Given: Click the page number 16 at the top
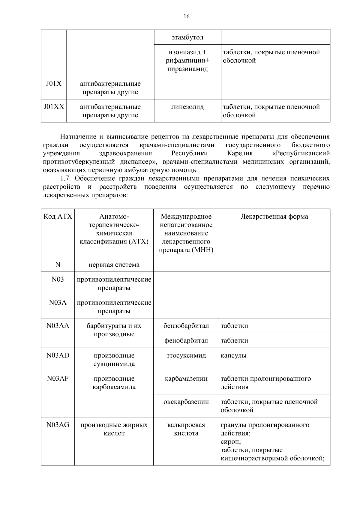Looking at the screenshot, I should tap(186, 16).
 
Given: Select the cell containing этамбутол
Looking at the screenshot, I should tap(187, 37).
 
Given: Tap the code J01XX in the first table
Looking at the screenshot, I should tap(54, 107).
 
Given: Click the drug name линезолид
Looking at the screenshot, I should tap(187, 107).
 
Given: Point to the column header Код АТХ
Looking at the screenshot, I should tap(58, 217).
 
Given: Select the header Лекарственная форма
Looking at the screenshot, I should tap(274, 217).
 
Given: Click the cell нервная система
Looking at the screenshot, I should tap(114, 265).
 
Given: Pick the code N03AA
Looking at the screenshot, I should tap(58, 326).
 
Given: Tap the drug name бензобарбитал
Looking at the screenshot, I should tap(186, 326).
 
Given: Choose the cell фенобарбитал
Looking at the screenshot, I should tap(186, 341).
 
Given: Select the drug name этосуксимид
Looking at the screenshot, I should tap(186, 356).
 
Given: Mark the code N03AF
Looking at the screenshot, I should tap(58, 379).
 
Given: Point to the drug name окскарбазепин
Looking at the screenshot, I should tap(186, 402).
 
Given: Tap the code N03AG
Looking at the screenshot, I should tap(58, 425).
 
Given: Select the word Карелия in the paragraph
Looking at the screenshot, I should tap(240, 154).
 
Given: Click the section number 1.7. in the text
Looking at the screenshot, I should tap(66, 179).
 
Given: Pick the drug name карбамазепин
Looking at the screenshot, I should tap(186, 379).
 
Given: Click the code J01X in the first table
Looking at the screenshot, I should tap(54, 84).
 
